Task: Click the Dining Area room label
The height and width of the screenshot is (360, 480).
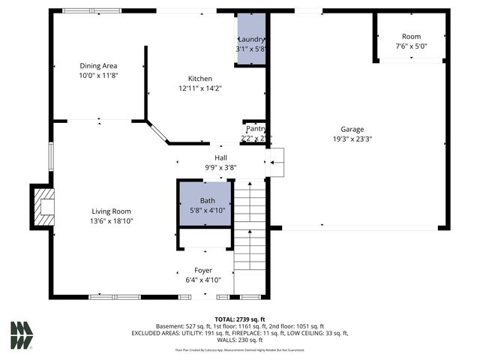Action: pyautogui.click(x=99, y=66)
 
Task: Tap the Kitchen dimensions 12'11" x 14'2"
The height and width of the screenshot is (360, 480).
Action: pyautogui.click(x=200, y=89)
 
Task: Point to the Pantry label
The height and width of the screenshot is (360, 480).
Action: pyautogui.click(x=255, y=129)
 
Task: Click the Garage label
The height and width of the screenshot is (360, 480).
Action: pyautogui.click(x=352, y=129)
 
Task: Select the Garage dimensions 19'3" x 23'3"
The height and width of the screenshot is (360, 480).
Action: pyautogui.click(x=352, y=139)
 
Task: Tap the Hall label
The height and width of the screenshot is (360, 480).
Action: pyautogui.click(x=221, y=157)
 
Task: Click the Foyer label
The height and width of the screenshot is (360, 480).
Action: pyautogui.click(x=203, y=270)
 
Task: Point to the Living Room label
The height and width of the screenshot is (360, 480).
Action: pyautogui.click(x=112, y=211)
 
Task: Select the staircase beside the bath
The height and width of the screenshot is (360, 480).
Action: pyautogui.click(x=250, y=225)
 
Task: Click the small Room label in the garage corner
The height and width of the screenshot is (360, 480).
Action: pyautogui.click(x=411, y=37)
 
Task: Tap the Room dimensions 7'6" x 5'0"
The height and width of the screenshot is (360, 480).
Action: pyautogui.click(x=411, y=46)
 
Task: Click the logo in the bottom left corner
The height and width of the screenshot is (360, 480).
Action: pyautogui.click(x=22, y=334)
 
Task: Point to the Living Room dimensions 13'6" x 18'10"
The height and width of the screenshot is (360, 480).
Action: pyautogui.click(x=112, y=221)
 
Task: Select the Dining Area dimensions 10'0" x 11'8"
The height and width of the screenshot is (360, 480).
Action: pyautogui.click(x=99, y=76)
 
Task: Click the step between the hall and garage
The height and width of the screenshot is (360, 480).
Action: pyautogui.click(x=275, y=162)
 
